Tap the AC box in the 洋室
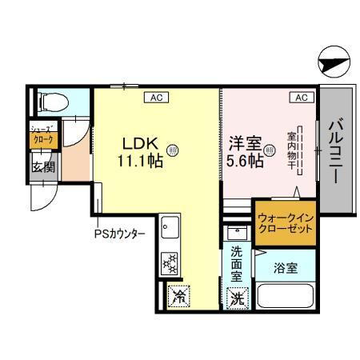tap(301, 98)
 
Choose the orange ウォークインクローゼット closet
tap(285, 222)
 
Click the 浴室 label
tap(286, 268)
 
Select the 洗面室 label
tap(237, 263)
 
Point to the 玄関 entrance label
tap(43, 167)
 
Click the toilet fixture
tap(51, 102)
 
